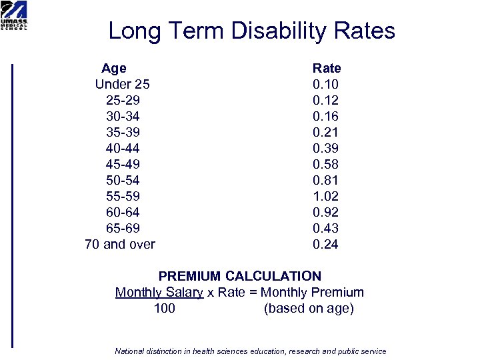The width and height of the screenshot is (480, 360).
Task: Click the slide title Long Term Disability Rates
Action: tap(251, 31)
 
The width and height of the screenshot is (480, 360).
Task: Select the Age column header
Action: tap(113, 68)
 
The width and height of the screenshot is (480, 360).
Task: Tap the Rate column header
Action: tap(327, 68)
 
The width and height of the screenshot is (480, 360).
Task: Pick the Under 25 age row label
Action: tap(122, 84)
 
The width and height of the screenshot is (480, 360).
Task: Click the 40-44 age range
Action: tap(122, 148)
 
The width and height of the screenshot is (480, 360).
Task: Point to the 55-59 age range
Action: tap(122, 196)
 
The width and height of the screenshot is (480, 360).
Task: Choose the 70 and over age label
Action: tap(120, 244)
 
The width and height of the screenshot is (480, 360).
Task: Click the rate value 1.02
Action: tap(326, 196)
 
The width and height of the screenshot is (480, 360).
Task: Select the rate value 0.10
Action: tap(326, 84)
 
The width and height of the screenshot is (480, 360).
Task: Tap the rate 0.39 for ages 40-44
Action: tap(326, 148)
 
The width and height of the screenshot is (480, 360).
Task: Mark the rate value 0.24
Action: tap(326, 244)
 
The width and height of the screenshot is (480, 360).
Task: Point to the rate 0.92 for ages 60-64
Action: tap(326, 212)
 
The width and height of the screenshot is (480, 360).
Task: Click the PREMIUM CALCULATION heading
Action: tap(239, 276)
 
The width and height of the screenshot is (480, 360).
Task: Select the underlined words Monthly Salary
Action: tap(159, 292)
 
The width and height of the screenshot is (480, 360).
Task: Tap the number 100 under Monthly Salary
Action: tap(165, 308)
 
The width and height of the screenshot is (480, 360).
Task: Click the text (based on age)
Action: tap(309, 308)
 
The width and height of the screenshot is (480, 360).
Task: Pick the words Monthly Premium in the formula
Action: tap(312, 292)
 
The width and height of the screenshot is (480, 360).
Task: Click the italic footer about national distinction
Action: tap(251, 351)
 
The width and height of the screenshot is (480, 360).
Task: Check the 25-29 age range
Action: tap(122, 100)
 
